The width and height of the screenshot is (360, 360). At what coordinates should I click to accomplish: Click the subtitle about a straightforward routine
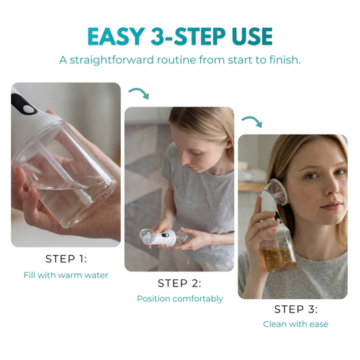click(179, 60)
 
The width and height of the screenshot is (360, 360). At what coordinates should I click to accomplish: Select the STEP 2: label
click(179, 283)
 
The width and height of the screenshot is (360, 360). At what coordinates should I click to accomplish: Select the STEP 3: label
click(296, 309)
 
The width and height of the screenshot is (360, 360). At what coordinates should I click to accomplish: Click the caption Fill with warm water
click(66, 274)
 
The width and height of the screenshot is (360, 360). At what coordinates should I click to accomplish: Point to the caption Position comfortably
click(179, 298)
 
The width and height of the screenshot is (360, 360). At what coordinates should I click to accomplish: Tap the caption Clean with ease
click(296, 324)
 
